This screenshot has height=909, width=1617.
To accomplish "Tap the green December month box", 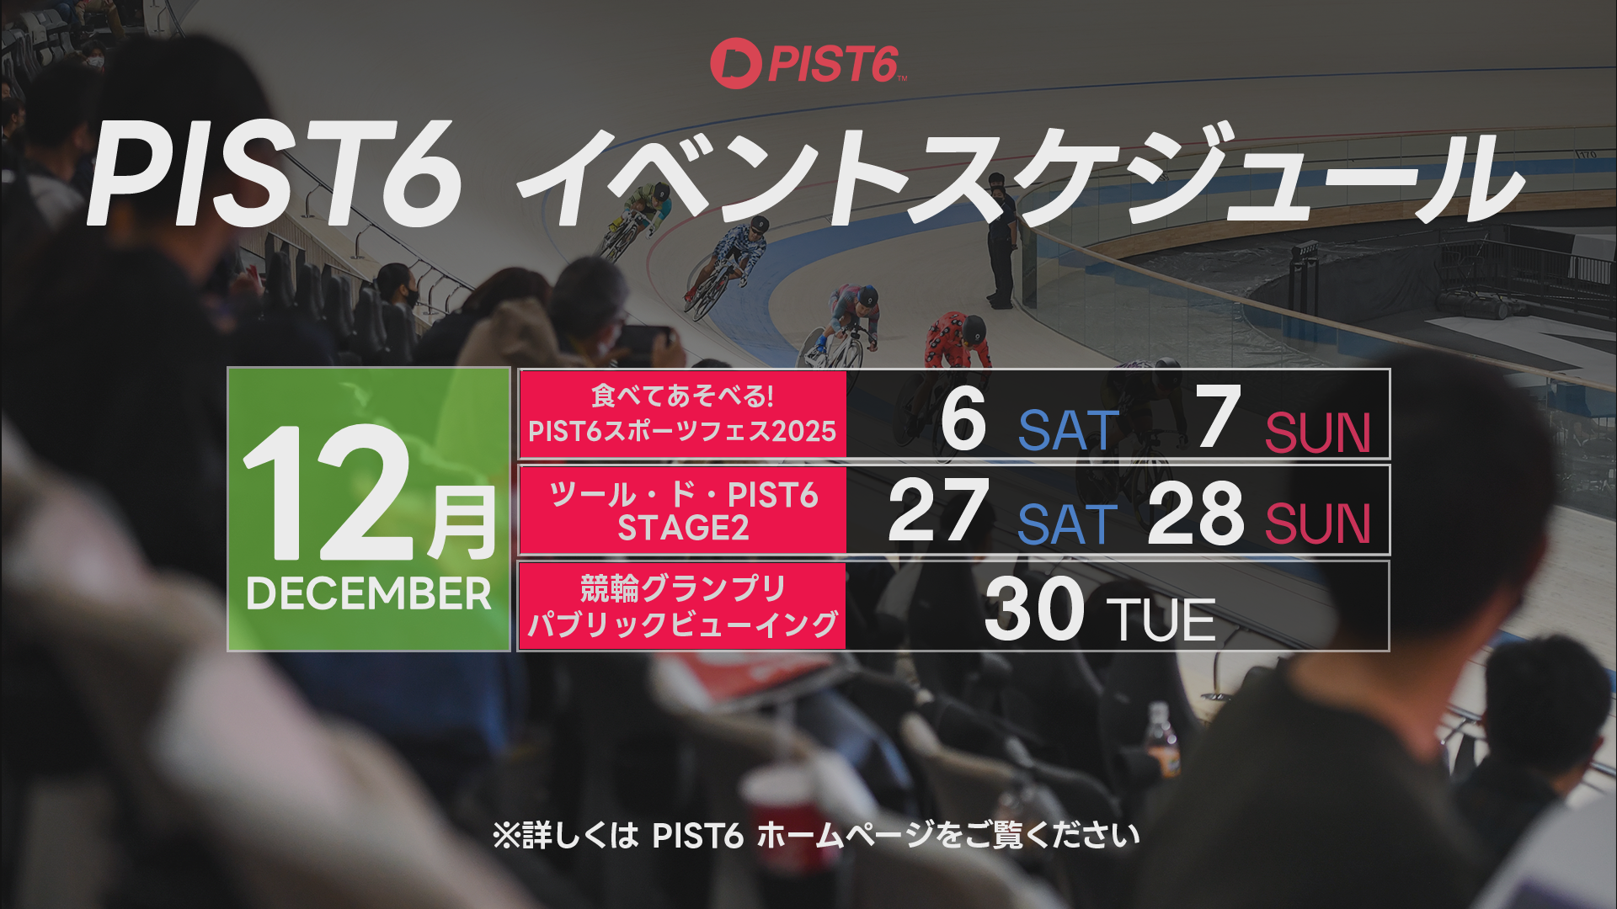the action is click(x=369, y=509).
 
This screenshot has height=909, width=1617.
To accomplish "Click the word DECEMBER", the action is click(x=369, y=594).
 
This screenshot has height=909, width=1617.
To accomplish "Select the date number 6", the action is click(x=963, y=418).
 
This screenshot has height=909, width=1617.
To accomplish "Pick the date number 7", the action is click(x=1219, y=417).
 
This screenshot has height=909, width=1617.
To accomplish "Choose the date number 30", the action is click(x=1034, y=608).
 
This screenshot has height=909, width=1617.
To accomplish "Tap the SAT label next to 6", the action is click(x=1069, y=431).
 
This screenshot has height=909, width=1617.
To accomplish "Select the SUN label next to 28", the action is click(x=1318, y=524).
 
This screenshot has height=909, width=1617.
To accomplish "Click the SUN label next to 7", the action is click(x=1318, y=433).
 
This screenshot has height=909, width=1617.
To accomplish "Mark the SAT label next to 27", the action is click(x=1067, y=524).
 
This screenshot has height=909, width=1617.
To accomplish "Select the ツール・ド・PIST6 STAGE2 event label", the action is click(x=682, y=511).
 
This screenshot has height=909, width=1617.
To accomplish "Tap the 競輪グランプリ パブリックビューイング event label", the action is click(x=682, y=606).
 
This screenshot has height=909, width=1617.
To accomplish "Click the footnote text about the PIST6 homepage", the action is click(x=816, y=836).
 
